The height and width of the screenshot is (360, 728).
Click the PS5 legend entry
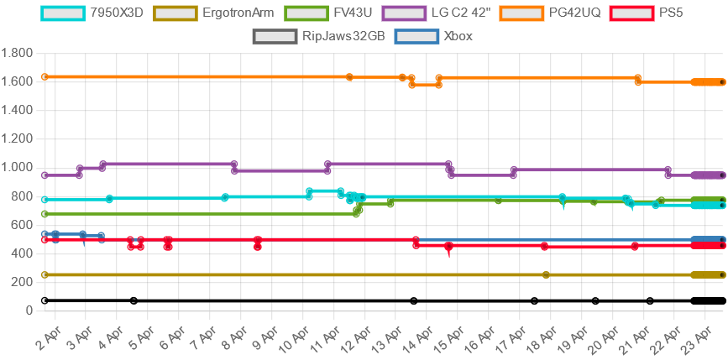coord(652,13)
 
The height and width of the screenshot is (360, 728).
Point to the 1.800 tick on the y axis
coord(17,53)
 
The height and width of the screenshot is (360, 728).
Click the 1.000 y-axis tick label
coord(17,168)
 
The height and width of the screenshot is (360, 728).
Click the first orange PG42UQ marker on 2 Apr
coord(45,77)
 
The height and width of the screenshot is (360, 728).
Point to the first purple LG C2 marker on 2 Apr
coord(45,175)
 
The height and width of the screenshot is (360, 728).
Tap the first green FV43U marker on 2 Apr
coord(45,214)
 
